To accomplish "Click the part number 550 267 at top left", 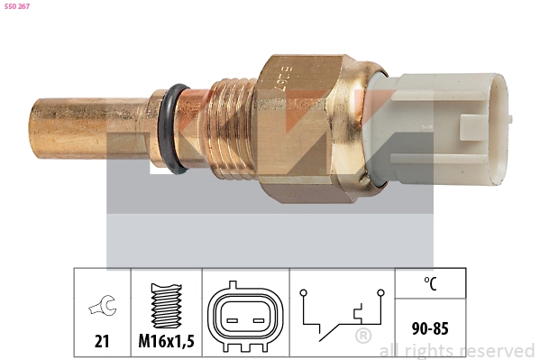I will click(x=18, y=7).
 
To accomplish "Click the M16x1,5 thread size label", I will click(x=166, y=342).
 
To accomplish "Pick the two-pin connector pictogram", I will click(x=244, y=318).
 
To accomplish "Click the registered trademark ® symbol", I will click(x=362, y=337).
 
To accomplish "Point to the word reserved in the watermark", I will click(x=496, y=350).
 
